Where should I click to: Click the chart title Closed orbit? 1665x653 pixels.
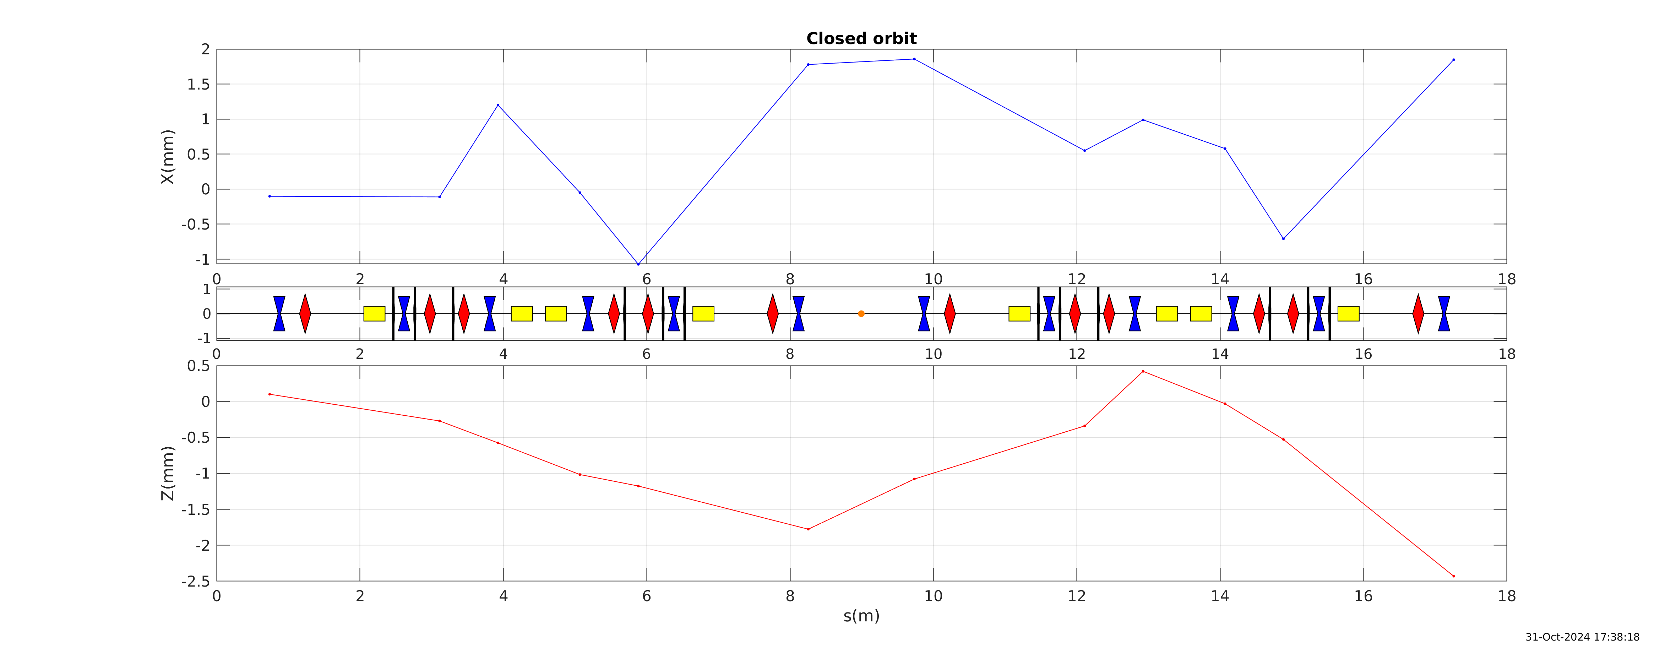(x=861, y=39)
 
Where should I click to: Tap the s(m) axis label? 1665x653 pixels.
(x=861, y=616)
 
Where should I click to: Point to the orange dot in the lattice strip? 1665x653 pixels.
(x=861, y=314)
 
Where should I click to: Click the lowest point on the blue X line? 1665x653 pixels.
(x=638, y=264)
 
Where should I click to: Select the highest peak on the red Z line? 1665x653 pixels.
(x=1143, y=371)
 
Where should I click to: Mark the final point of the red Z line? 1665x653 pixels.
(x=1454, y=576)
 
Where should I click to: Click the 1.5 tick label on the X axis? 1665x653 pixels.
(x=198, y=84)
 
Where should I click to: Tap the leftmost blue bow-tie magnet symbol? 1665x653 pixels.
(x=279, y=314)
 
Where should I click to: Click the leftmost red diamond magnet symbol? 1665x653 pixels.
(x=305, y=314)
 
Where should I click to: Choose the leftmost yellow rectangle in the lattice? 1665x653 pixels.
(x=374, y=314)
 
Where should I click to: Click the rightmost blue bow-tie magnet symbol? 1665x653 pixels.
(x=1444, y=314)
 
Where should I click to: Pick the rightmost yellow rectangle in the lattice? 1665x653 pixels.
(x=1348, y=314)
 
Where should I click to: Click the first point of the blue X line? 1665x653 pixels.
(x=270, y=196)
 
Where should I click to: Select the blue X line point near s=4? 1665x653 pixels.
(x=498, y=105)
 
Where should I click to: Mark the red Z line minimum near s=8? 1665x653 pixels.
(x=808, y=529)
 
